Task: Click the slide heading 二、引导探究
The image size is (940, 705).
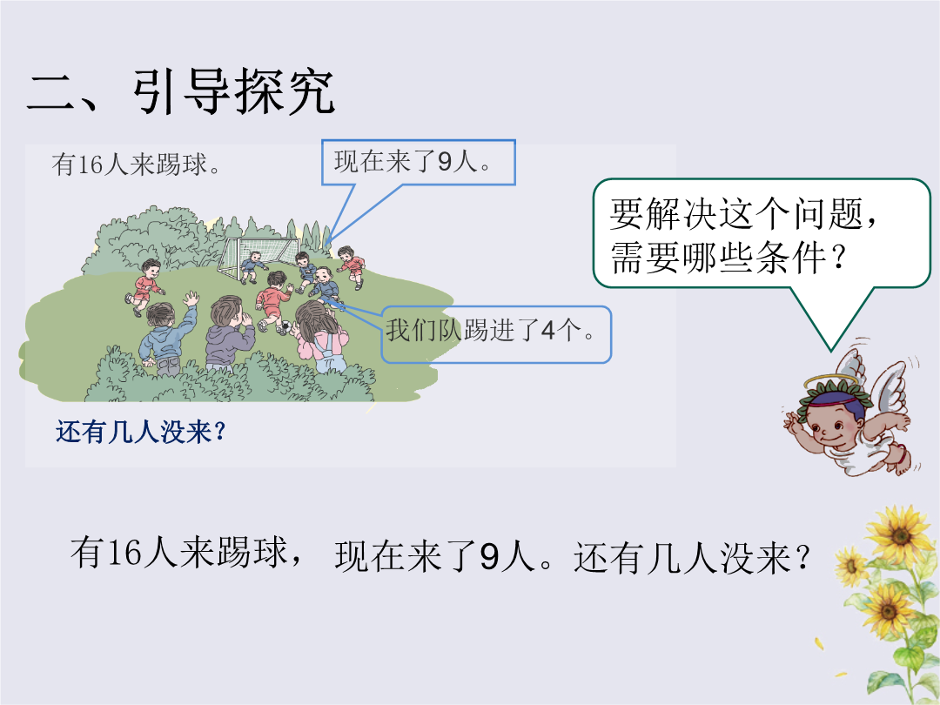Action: (180, 91)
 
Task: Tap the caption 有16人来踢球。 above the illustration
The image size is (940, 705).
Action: (136, 164)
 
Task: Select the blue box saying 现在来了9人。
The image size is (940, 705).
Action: (418, 163)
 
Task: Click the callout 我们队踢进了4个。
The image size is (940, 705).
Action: (496, 334)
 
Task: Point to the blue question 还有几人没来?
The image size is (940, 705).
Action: (141, 432)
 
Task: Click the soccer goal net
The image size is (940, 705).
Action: (258, 258)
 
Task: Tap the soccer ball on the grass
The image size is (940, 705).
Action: (286, 327)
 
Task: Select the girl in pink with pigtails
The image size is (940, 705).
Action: (319, 337)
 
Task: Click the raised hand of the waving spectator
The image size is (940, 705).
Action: (191, 299)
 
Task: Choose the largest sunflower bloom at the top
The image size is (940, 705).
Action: (899, 533)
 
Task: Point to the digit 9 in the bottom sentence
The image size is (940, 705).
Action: (489, 556)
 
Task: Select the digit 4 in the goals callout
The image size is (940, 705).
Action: (547, 331)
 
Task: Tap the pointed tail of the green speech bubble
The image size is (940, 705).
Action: (831, 351)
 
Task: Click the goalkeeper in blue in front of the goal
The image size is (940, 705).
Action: (252, 267)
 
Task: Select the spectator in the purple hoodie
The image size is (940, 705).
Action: (228, 332)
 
